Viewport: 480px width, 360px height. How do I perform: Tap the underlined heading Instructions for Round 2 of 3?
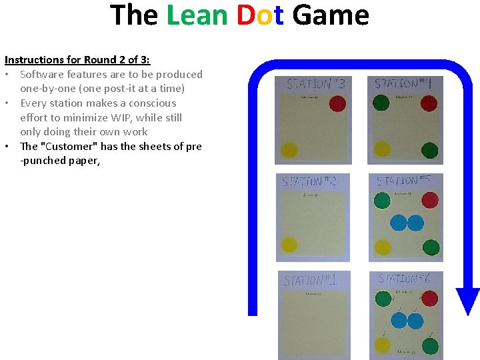coord(77,59)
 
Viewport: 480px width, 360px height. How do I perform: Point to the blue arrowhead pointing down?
coord(467,301)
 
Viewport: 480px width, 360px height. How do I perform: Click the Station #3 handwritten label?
coord(315,85)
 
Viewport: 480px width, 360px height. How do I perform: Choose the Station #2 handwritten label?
coord(309,181)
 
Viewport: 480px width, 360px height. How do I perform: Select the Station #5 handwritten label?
coord(404,181)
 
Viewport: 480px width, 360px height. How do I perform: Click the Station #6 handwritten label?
coord(405,279)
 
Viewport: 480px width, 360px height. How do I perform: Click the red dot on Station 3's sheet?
coord(337,104)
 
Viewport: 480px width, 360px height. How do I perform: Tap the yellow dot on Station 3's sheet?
coord(289,150)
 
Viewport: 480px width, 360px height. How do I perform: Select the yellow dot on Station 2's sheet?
coord(289,245)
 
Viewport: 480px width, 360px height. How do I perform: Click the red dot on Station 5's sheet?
coord(430,200)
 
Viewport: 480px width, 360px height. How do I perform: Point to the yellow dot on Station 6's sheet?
coord(382,345)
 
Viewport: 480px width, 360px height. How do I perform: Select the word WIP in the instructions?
coord(124,117)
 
